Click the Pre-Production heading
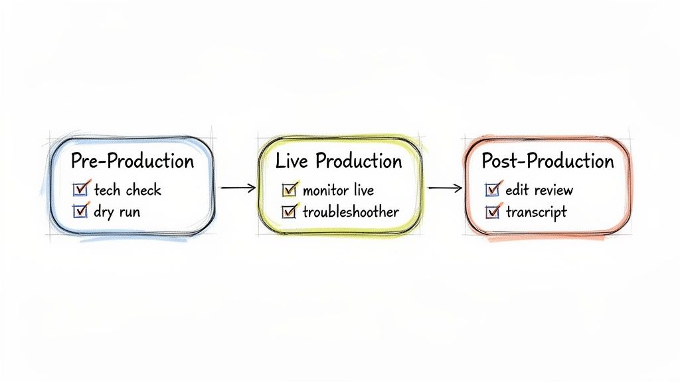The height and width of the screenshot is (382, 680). pyautogui.click(x=132, y=161)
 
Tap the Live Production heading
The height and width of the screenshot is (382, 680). pyautogui.click(x=339, y=161)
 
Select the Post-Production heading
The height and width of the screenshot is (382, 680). pyautogui.click(x=548, y=161)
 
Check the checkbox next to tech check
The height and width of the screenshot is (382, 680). pyautogui.click(x=80, y=190)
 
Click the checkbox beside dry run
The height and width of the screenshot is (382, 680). pyautogui.click(x=80, y=212)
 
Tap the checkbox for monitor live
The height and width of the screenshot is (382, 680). pyautogui.click(x=289, y=190)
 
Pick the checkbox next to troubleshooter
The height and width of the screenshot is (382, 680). pyautogui.click(x=289, y=212)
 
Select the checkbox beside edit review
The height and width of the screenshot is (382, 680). pyautogui.click(x=492, y=190)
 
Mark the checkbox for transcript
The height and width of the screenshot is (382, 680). pyautogui.click(x=492, y=212)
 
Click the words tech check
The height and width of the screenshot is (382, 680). pyautogui.click(x=127, y=190)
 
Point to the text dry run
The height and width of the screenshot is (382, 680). pyautogui.click(x=117, y=212)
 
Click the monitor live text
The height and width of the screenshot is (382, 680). pyautogui.click(x=338, y=190)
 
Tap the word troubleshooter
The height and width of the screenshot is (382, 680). pyautogui.click(x=351, y=212)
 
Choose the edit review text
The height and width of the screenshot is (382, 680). pyautogui.click(x=539, y=190)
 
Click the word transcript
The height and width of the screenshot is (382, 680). pyautogui.click(x=537, y=212)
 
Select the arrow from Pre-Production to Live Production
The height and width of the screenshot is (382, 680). pyautogui.click(x=238, y=188)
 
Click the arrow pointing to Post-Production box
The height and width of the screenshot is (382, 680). pyautogui.click(x=445, y=188)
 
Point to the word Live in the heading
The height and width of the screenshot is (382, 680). pyautogui.click(x=292, y=161)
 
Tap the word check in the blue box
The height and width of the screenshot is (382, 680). pyautogui.click(x=143, y=190)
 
